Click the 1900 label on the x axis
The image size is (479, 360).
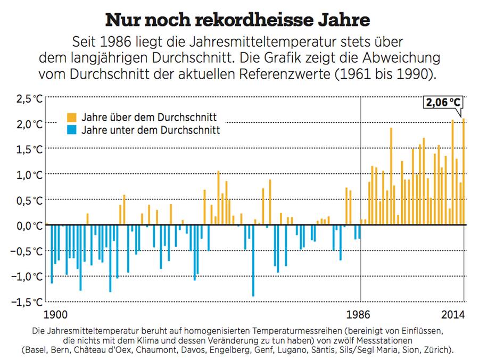click(57, 314)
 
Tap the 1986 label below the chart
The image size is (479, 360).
click(360, 314)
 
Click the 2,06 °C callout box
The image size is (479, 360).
click(442, 103)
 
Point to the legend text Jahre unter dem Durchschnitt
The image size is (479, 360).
click(151, 130)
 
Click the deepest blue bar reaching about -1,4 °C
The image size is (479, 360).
click(253, 261)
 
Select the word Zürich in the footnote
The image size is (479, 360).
click(439, 350)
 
